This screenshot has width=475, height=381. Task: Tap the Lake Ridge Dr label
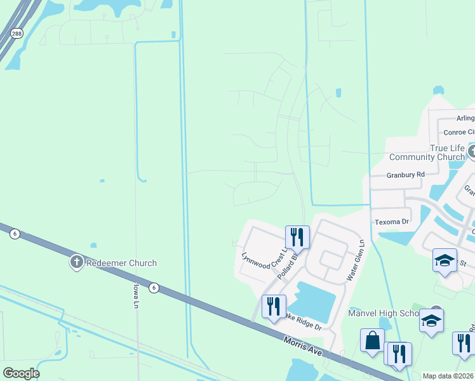[x=303, y=321]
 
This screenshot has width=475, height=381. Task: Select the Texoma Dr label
[x=392, y=222]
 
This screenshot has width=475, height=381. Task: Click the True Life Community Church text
[x=427, y=152]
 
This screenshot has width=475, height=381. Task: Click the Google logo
[x=21, y=373]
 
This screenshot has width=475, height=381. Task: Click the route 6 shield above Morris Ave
[x=154, y=288]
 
